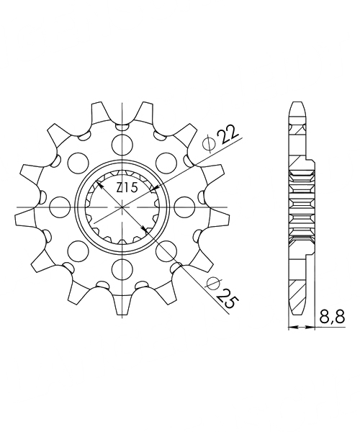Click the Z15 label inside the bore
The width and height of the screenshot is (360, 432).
point(127,188)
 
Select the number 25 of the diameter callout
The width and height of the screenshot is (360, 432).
point(228,299)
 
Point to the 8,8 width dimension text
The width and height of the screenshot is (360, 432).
point(332,317)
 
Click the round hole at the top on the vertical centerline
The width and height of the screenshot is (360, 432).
point(122,144)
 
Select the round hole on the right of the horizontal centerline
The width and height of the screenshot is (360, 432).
point(184,207)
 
